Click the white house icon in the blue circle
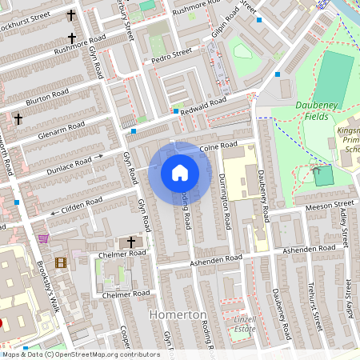point(180,173)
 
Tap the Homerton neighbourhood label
point(178,315)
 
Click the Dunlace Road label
point(70,164)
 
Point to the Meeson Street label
point(328,207)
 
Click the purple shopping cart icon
point(42,238)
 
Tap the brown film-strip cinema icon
point(61,262)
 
